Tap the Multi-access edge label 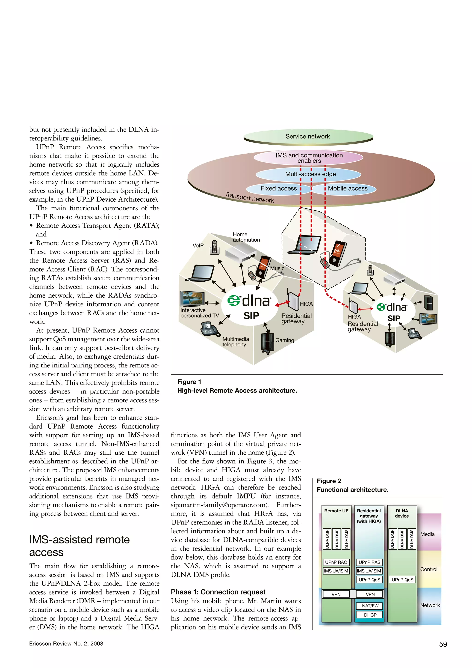click(310, 174)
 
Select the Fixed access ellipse click(278, 188)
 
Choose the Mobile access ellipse click(348, 188)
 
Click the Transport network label click(249, 197)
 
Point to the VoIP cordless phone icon click(215, 247)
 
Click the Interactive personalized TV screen click(192, 298)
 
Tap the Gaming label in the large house click(285, 340)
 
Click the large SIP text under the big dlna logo click(251, 316)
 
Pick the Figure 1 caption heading click(189, 382)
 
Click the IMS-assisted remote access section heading click(79, 546)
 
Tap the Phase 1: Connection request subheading click(218, 592)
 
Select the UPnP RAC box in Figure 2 click(336, 562)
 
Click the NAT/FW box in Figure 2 click(370, 606)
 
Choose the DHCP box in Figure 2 click(370, 615)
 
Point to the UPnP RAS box click(369, 562)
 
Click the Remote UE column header click(336, 511)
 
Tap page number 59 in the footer click(443, 644)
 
